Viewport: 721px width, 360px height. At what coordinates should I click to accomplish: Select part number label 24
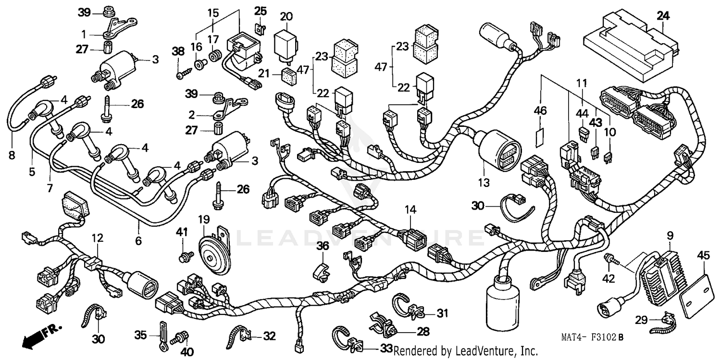pyautogui.click(x=663, y=16)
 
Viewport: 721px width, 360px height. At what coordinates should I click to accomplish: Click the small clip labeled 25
pyautogui.click(x=260, y=29)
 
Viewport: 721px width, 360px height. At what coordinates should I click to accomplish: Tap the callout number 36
pyautogui.click(x=322, y=246)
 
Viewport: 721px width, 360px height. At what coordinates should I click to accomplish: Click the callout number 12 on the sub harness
pyautogui.click(x=98, y=237)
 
